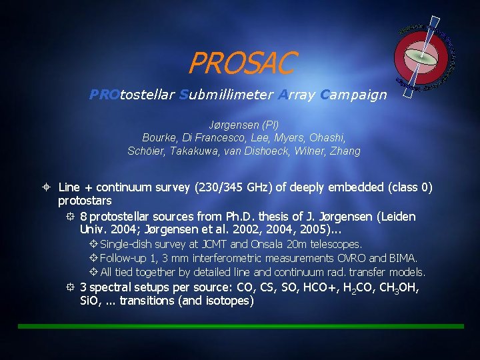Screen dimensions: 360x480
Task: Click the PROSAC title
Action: pyautogui.click(x=241, y=64)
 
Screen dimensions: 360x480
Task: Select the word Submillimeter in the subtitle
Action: pyautogui.click(x=226, y=95)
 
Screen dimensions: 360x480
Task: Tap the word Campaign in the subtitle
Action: pyautogui.click(x=353, y=95)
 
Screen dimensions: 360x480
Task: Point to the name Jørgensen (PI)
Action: pyautogui.click(x=243, y=125)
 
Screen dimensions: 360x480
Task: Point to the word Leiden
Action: pyautogui.click(x=397, y=217)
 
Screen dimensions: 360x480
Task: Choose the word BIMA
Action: pyautogui.click(x=403, y=258)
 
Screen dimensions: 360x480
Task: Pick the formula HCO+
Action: pyautogui.click(x=310, y=288)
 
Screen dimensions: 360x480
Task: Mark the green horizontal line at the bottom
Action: pyautogui.click(x=240, y=326)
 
